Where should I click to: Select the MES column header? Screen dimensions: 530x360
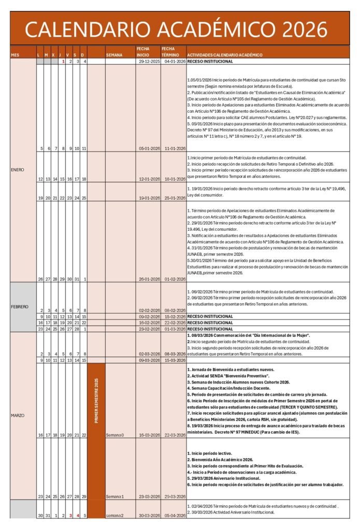(x=15, y=54)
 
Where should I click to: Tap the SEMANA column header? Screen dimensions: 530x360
(x=114, y=54)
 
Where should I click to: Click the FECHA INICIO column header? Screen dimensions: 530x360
(x=143, y=52)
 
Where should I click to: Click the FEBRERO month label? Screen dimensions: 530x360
(x=20, y=306)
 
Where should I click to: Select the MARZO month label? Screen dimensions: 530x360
(x=18, y=415)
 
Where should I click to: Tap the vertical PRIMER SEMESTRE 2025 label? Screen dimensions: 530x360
(x=96, y=401)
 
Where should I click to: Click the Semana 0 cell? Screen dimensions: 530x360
(x=115, y=435)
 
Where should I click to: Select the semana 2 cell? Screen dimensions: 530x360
(x=115, y=516)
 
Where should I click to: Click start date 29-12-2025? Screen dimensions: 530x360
(x=147, y=61)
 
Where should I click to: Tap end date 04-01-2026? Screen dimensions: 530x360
(x=174, y=61)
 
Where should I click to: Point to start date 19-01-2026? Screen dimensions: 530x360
(x=147, y=198)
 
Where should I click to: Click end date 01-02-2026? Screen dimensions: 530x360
(x=174, y=279)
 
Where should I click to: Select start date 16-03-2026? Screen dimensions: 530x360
(x=147, y=435)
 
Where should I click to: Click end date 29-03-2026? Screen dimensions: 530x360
(x=174, y=496)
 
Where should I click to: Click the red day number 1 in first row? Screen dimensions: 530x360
(x=63, y=61)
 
